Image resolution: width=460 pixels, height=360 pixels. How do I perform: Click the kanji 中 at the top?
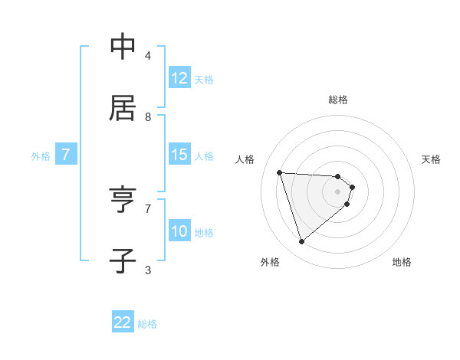coord(123,47)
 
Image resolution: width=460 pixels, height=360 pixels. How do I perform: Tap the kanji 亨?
coord(123,200)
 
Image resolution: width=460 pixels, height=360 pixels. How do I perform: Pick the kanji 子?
coord(123,261)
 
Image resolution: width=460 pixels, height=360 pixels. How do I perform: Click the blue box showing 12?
coord(179,78)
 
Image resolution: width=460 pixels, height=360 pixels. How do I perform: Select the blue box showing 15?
coord(179,155)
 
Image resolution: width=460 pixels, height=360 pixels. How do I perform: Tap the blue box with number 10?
coord(179,231)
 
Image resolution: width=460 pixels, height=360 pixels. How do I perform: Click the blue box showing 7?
coord(66,155)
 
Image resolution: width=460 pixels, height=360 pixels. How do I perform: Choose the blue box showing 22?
coord(123,322)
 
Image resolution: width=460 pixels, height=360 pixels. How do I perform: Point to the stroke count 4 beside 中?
coord(148,55)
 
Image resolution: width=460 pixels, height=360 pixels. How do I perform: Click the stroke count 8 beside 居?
coord(148,116)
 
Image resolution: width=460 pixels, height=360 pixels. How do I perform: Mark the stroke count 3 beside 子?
coord(148,270)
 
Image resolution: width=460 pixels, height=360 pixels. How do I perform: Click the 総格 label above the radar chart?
coord(338,100)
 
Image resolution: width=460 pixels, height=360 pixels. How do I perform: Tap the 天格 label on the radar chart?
coord(432,159)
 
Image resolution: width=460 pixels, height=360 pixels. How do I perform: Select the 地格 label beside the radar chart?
coord(402,262)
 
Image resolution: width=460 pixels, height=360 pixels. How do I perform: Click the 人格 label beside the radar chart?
coord(245,159)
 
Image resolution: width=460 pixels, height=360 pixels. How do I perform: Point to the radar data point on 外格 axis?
coord(301,242)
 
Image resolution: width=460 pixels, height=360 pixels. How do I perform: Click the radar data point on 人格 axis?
coord(280,172)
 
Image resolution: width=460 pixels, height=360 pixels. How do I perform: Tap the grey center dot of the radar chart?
coord(338,191)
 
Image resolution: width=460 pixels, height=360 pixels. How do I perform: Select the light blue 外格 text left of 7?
coord(41,155)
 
